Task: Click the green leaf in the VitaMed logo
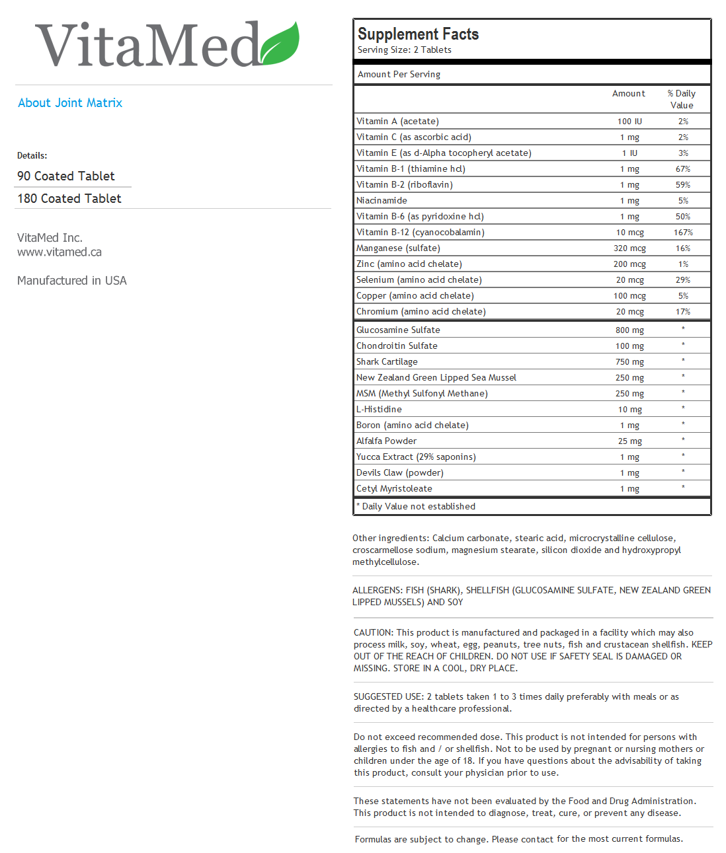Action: [x=280, y=44]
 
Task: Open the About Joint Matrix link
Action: [x=70, y=103]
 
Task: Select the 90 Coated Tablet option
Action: [x=66, y=176]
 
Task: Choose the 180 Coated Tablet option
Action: [x=69, y=199]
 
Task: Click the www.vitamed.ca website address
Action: [x=60, y=252]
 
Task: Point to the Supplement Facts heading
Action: [x=418, y=34]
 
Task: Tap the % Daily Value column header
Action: [x=682, y=99]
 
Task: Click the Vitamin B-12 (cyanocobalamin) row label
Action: [x=421, y=233]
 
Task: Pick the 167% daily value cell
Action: [x=683, y=233]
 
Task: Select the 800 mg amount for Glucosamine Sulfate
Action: [x=629, y=330]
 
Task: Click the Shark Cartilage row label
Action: [x=387, y=362]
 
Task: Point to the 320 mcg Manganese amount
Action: [x=629, y=248]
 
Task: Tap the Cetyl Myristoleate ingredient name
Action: [x=394, y=489]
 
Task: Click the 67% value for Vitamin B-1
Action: [x=683, y=169]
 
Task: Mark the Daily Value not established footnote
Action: [x=417, y=507]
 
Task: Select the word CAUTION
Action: [x=374, y=633]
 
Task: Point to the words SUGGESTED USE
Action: [x=389, y=697]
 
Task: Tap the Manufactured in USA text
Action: [x=72, y=281]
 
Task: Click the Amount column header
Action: [x=629, y=94]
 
